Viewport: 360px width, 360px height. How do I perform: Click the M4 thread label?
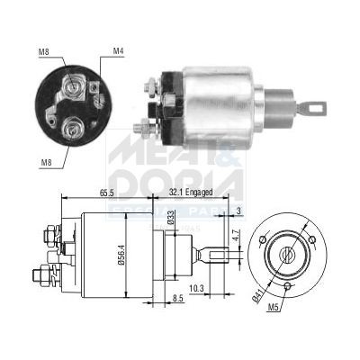pos(119,52)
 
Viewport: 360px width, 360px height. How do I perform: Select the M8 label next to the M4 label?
pos(43,52)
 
